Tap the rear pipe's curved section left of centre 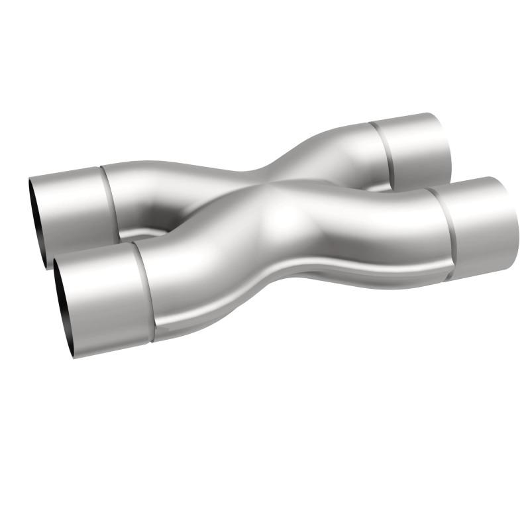pos(166,192)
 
